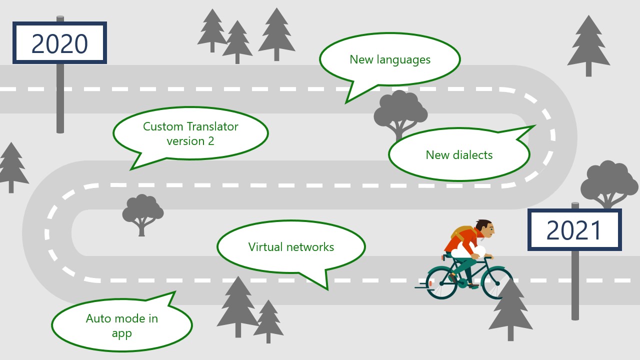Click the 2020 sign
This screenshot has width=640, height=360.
59,43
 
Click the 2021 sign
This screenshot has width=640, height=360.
574,230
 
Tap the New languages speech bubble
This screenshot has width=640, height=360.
389,59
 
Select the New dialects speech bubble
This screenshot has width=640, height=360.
459,154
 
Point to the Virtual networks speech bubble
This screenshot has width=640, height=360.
291,246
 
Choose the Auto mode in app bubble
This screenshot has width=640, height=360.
121,325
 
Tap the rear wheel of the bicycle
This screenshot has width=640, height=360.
442,283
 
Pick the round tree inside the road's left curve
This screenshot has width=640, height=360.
142,213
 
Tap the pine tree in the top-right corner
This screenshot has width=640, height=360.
588,45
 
